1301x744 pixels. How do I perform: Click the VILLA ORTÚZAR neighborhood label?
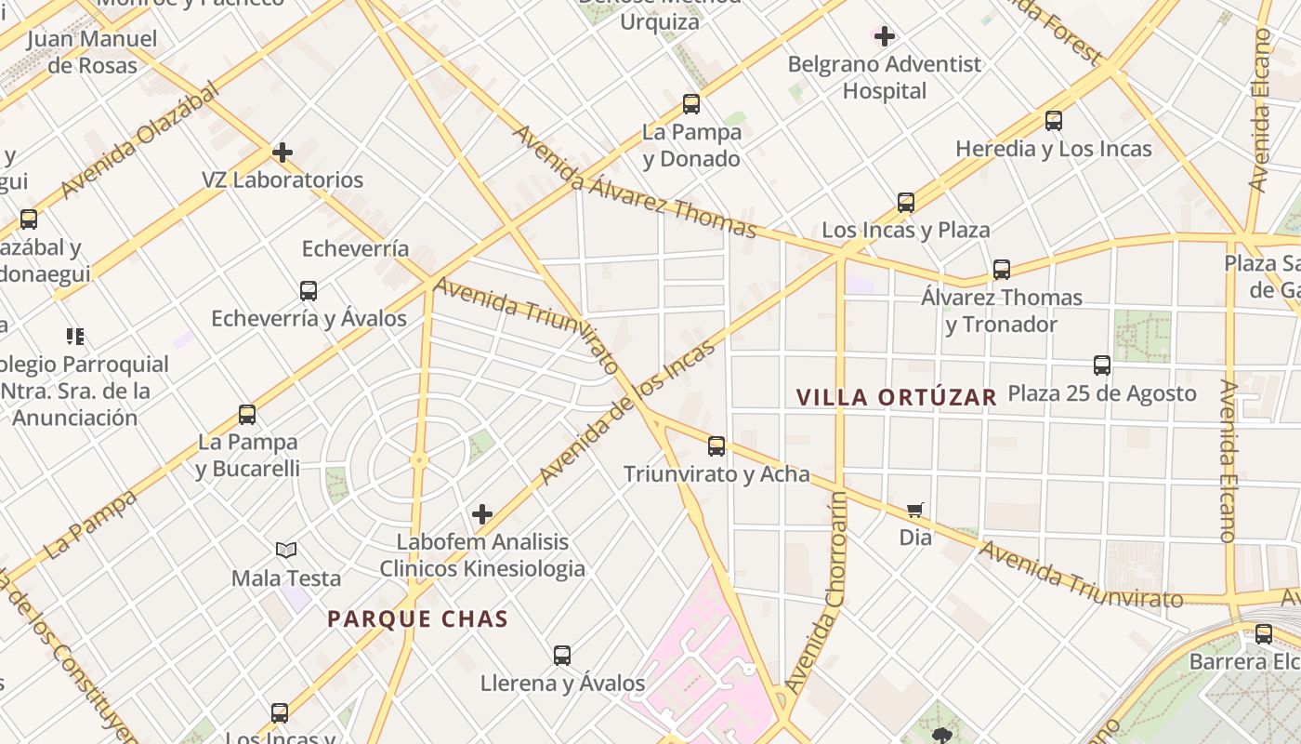coord(896,397)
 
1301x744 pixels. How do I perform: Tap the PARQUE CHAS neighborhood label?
coord(417,619)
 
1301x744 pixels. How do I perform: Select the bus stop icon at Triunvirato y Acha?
coord(716,446)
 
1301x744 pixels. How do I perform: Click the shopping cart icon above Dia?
coord(915,510)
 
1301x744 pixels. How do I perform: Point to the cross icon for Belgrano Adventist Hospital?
coord(885,36)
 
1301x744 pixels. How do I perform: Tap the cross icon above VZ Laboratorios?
coord(283,152)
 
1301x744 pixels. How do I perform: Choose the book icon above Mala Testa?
coord(286,551)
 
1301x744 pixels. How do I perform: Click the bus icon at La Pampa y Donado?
coord(691,103)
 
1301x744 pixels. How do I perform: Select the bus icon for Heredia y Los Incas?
coord(1053,121)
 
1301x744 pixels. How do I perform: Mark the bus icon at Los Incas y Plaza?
coord(906,202)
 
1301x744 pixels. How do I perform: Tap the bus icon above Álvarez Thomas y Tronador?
coord(1001,270)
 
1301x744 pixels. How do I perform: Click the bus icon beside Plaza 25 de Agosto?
coord(1102,365)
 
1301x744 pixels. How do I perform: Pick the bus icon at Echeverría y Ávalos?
coord(309,291)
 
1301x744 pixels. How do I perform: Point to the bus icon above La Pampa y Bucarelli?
coord(247,415)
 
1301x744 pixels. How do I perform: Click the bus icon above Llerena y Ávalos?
coord(562,656)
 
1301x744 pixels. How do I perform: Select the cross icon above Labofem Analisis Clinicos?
coord(482,514)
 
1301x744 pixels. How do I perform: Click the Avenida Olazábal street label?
coord(140,139)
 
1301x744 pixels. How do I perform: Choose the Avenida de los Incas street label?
coord(627,412)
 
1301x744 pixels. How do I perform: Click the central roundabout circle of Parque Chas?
coord(418,459)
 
